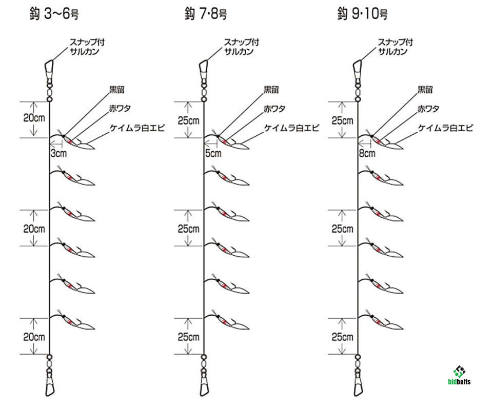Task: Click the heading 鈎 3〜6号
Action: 54,14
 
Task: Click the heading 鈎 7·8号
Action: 206,14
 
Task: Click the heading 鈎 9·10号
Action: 362,14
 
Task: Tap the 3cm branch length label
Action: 59,153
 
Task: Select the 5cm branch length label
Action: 213,153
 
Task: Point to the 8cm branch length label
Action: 367,153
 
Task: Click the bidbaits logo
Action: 459,376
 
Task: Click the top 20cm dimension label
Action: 34,118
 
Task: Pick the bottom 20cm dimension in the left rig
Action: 34,337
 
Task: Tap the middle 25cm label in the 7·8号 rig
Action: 188,229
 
